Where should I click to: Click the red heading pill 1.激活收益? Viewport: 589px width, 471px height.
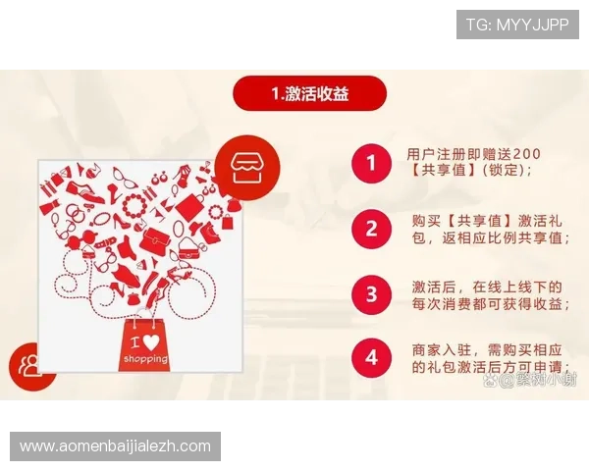tap(310, 94)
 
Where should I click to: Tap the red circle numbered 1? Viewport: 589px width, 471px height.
tap(370, 161)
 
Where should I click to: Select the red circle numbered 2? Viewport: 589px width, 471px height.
tap(370, 229)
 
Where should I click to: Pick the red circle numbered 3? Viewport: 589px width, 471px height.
tap(370, 293)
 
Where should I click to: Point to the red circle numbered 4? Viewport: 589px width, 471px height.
tap(370, 358)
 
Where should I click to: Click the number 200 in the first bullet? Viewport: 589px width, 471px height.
tap(526, 153)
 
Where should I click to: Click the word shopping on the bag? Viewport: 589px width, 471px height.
tap(145, 359)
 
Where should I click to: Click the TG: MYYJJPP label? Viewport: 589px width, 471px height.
tap(517, 24)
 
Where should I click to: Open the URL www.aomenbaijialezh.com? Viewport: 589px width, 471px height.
tap(116, 446)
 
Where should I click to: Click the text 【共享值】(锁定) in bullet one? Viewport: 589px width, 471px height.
tap(470, 170)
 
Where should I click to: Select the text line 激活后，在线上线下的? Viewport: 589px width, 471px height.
tap(486, 286)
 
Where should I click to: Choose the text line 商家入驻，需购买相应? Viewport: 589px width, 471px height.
tap(486, 350)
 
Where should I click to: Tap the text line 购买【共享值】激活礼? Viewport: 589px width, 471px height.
tap(486, 220)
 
